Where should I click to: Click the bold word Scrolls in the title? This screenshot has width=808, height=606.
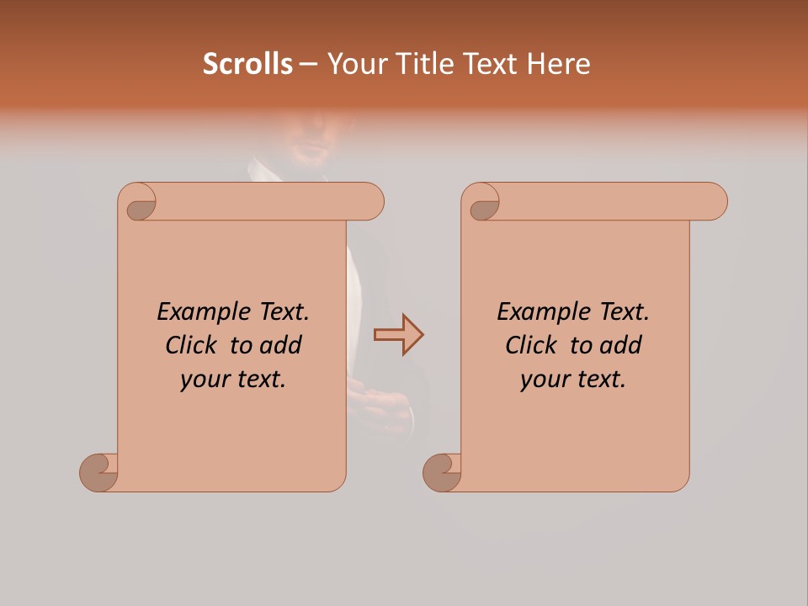(247, 64)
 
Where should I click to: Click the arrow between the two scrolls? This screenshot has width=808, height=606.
(398, 335)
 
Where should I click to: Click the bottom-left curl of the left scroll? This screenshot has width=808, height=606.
(99, 472)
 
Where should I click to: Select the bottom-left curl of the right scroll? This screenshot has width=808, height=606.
(443, 472)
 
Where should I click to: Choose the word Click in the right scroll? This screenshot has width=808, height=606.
(533, 345)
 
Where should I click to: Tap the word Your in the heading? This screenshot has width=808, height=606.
(357, 64)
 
